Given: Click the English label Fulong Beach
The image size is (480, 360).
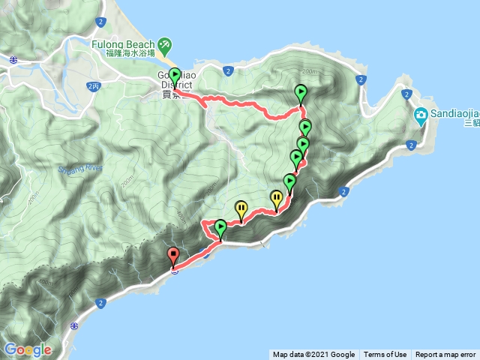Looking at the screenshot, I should click(123, 44).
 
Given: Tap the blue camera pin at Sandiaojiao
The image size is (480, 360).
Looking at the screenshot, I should click(420, 115).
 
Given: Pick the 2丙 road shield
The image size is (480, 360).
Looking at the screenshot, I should click(93, 87).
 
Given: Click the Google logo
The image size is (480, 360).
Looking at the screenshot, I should click(28, 349).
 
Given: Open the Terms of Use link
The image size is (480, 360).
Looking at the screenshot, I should click(385, 355).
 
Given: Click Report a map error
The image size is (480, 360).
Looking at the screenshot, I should click(445, 355).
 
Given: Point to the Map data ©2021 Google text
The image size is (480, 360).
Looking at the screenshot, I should click(313, 355).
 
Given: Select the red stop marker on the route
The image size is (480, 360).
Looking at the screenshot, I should click(174, 256).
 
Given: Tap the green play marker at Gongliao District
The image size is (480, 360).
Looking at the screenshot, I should click(175, 76).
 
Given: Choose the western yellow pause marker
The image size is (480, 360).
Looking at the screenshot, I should click(241, 208).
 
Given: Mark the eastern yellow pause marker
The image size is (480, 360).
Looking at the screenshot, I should click(277, 199).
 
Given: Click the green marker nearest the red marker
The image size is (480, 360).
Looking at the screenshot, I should click(220, 226).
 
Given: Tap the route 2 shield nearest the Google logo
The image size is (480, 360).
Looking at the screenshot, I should click(100, 303).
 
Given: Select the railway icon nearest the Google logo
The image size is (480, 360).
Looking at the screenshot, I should click(73, 326).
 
